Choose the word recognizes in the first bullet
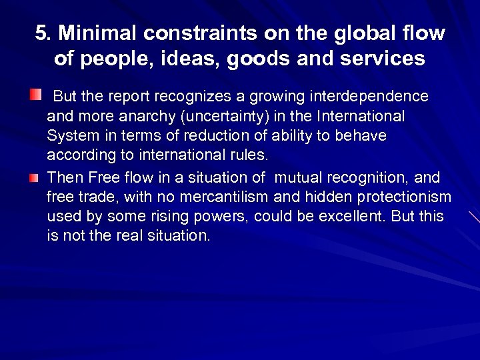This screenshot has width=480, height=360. tap(189, 96)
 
